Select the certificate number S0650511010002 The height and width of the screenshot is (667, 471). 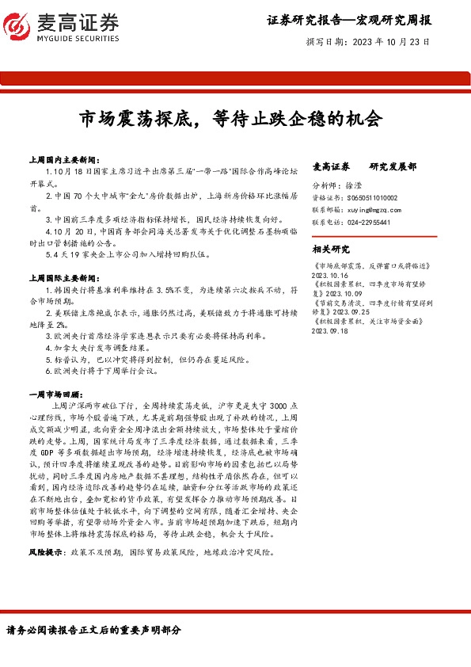(x=370, y=197)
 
